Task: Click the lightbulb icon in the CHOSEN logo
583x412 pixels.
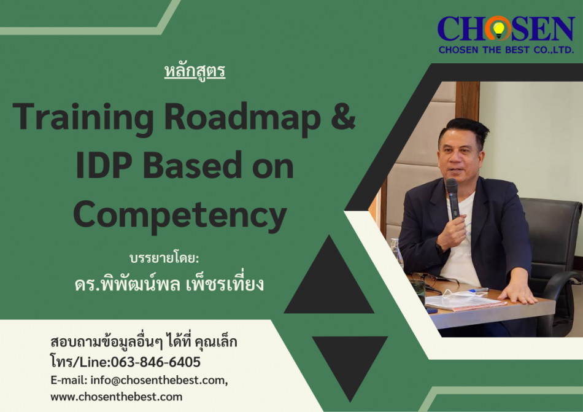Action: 498,29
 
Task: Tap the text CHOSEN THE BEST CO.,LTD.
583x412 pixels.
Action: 506,50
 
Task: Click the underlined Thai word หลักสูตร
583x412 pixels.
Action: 195,71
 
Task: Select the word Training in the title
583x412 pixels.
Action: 83,117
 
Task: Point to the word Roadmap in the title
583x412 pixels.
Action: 242,117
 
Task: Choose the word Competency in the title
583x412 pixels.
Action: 180,215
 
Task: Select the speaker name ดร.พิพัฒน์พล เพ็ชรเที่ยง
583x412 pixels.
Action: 169,283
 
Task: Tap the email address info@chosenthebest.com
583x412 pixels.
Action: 158,381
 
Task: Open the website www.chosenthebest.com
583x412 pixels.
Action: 117,397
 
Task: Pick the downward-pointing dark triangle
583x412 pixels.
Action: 350,367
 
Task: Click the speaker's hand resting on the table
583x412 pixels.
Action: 517,293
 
